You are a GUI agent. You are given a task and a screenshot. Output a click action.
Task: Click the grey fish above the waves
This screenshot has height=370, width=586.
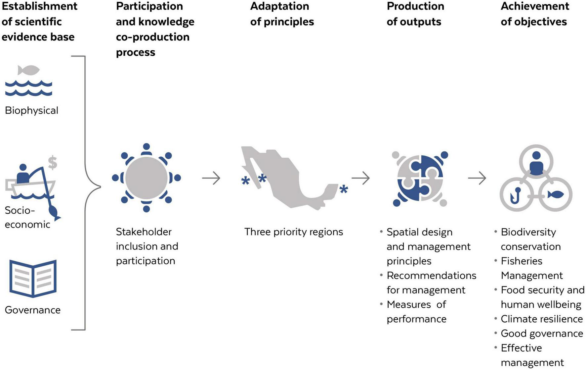click(x=28, y=70)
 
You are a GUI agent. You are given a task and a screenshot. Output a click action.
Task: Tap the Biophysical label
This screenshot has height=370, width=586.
click(x=31, y=110)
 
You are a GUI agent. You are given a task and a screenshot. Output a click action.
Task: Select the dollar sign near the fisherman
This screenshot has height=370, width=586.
click(x=53, y=163)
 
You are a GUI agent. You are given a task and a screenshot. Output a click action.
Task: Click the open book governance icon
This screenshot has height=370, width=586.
click(x=33, y=278)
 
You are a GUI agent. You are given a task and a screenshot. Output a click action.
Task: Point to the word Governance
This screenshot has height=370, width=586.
click(x=33, y=310)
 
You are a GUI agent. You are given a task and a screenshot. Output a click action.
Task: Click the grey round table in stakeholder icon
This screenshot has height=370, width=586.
click(x=146, y=178)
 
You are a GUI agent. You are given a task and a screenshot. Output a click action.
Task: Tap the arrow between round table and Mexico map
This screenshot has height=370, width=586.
click(x=211, y=178)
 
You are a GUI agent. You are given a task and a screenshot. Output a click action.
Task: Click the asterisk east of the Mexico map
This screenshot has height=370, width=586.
click(x=344, y=190)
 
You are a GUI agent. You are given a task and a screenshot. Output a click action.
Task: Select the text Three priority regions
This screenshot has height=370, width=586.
click(x=294, y=232)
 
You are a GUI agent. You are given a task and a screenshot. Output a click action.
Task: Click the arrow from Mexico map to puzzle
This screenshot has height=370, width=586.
click(x=360, y=178)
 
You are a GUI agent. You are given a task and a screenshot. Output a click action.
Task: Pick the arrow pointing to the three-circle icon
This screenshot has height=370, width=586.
click(x=477, y=178)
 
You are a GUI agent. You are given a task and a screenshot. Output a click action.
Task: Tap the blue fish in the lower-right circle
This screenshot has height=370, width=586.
click(x=556, y=194)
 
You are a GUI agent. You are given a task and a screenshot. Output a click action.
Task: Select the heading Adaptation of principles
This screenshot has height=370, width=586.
click(x=282, y=14)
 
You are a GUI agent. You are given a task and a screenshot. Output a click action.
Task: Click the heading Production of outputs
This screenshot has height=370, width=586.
click(x=415, y=14)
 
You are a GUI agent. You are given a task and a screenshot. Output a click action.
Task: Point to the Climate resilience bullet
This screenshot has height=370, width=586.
click(x=542, y=319)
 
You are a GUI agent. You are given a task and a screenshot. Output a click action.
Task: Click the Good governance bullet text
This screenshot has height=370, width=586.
click(x=542, y=334)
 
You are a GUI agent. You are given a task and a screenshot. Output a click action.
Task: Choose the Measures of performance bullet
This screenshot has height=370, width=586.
click(x=416, y=312)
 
